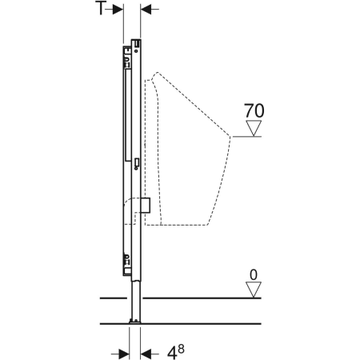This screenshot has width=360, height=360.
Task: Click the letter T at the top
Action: (101, 8)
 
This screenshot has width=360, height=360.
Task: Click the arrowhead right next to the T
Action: (118, 10)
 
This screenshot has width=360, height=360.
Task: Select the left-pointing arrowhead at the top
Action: (146, 10)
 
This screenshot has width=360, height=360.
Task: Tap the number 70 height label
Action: (254, 110)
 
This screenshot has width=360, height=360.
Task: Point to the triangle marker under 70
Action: (254, 128)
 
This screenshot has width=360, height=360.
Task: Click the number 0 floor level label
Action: (254, 275)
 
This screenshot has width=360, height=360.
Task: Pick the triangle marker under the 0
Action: (254, 290)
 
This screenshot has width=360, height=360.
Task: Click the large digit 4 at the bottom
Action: (172, 353)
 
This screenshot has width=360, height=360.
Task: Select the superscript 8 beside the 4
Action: (181, 349)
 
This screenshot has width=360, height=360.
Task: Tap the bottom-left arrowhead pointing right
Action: (124, 354)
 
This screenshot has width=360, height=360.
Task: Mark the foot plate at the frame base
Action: (135, 322)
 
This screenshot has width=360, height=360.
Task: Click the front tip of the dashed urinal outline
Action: (230, 137)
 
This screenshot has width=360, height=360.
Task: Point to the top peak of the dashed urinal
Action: (157, 72)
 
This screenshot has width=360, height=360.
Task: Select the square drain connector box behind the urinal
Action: (146, 206)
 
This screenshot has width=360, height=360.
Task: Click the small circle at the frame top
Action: (136, 50)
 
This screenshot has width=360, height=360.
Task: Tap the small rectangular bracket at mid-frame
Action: (137, 162)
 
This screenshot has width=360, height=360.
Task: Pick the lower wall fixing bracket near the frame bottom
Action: (127, 261)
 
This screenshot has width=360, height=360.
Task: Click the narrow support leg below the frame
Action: (135, 299)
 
